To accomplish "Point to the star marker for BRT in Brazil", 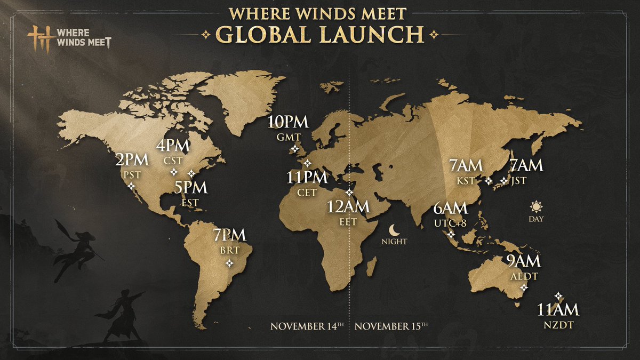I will (x=229, y=263).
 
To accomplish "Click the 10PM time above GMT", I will (x=288, y=122).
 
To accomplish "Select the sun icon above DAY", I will (x=535, y=206).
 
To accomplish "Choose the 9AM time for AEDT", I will (x=524, y=261).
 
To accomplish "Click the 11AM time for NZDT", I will (x=557, y=309).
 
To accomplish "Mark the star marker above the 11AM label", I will (x=558, y=295).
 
